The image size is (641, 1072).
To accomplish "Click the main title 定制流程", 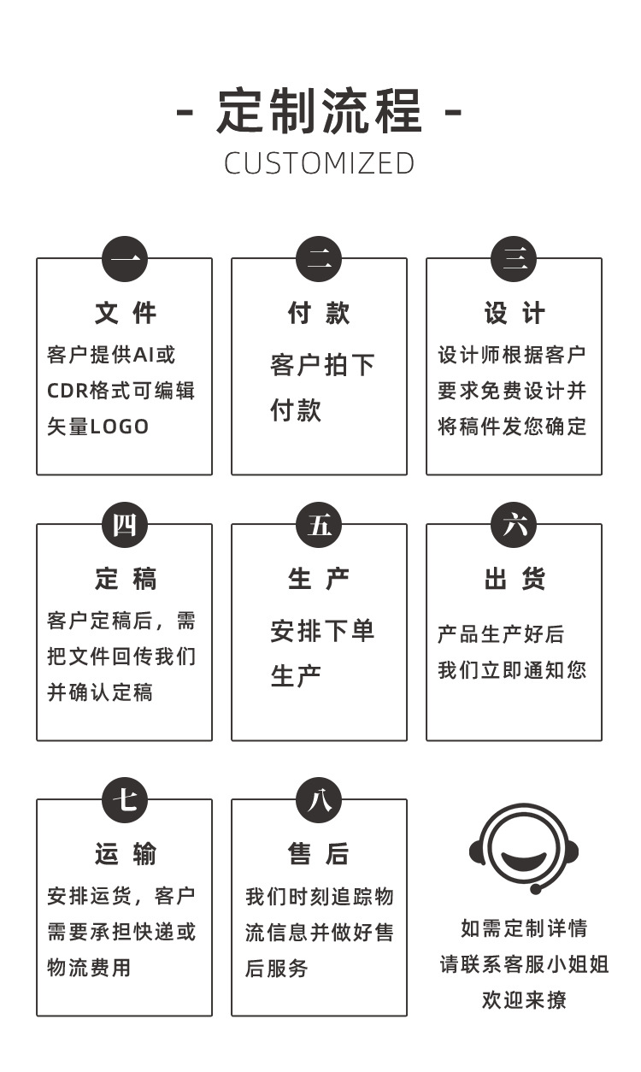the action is click(x=320, y=111).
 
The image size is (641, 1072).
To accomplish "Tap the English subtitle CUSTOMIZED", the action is click(x=320, y=163).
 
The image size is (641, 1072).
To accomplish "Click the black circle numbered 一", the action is click(x=125, y=259).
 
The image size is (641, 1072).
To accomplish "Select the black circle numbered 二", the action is click(x=319, y=259).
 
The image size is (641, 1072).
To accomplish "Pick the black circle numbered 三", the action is click(x=514, y=259).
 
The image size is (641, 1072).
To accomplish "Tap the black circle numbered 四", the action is click(x=125, y=525).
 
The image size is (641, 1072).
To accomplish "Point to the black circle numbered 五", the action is click(x=319, y=525).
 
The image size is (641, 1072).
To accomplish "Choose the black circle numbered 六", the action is click(x=514, y=525).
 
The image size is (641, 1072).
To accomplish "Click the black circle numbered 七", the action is click(x=125, y=800).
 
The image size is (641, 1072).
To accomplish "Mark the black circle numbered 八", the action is click(x=319, y=800).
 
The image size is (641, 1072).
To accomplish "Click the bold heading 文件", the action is click(x=125, y=314).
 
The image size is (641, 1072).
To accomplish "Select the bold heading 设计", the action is click(x=514, y=314).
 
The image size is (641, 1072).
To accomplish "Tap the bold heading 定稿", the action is click(x=125, y=580).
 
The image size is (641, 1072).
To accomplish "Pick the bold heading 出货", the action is click(x=514, y=580).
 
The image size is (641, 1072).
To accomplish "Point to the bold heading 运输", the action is click(x=125, y=854).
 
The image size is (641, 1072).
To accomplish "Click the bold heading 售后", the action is click(x=319, y=854).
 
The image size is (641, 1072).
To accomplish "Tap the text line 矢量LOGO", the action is click(x=97, y=427).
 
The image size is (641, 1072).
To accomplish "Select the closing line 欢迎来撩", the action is click(x=523, y=1000).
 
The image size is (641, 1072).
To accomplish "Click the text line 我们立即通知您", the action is click(x=512, y=670).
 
